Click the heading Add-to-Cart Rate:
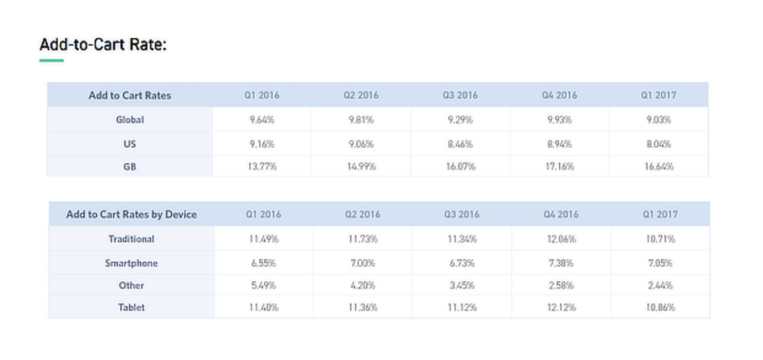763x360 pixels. (103, 45)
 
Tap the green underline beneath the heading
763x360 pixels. (52, 60)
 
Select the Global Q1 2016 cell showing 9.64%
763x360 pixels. (262, 120)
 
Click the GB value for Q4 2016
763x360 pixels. (560, 166)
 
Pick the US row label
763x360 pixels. (130, 144)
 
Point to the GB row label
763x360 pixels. (130, 166)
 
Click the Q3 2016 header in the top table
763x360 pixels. (460, 95)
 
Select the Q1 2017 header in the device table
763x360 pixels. (660, 214)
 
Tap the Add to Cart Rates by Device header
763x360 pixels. (131, 214)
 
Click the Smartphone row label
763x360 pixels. (131, 263)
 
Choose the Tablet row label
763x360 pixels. (131, 307)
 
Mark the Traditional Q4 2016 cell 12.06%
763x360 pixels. (561, 239)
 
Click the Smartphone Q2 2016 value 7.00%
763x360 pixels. (362, 263)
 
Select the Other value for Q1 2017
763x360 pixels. (660, 286)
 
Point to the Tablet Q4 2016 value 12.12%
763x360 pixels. (561, 307)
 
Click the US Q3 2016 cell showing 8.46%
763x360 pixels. (460, 144)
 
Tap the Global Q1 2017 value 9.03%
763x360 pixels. (659, 120)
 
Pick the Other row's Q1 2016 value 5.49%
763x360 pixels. (264, 286)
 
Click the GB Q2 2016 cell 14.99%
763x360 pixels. (361, 166)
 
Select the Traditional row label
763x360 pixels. (131, 239)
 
